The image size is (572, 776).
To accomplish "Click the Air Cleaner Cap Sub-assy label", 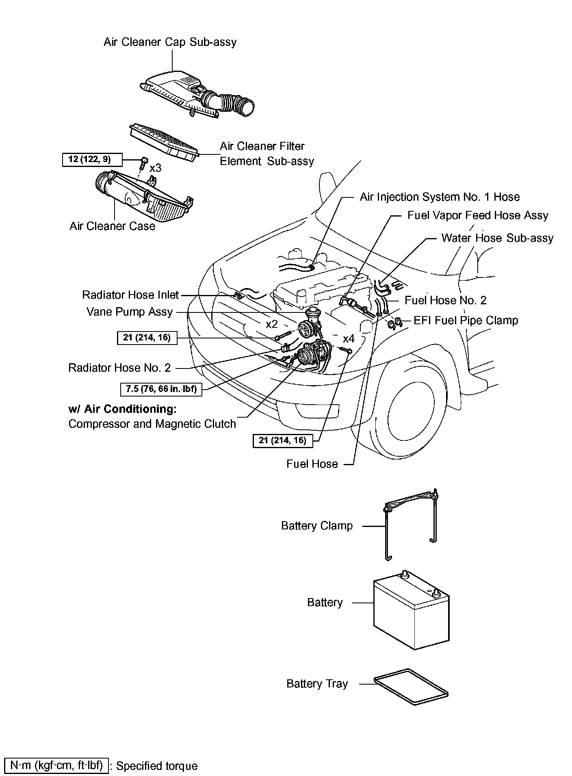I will (170, 42).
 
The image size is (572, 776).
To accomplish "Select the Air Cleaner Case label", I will (112, 226).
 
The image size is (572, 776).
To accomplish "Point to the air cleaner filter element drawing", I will (164, 139).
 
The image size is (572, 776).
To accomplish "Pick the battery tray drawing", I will (410, 686).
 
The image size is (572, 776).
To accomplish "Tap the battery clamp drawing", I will (410, 520).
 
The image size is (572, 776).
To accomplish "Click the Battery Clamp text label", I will (317, 526).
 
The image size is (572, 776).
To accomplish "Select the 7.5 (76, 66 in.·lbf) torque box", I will (161, 389).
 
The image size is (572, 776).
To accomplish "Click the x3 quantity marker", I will (156, 168).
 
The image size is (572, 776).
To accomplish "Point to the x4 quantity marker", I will (349, 338).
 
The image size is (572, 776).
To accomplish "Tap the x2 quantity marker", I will (271, 324).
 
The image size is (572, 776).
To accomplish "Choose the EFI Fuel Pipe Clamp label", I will (466, 321).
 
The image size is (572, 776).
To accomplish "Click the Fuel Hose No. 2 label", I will (445, 300).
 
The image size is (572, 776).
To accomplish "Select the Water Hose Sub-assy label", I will (497, 238).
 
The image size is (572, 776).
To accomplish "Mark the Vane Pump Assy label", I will (130, 312).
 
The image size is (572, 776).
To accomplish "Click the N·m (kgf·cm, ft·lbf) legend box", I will (56, 765).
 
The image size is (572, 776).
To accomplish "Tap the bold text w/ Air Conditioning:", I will (122, 409).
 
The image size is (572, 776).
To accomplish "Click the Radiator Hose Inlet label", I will (130, 295).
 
